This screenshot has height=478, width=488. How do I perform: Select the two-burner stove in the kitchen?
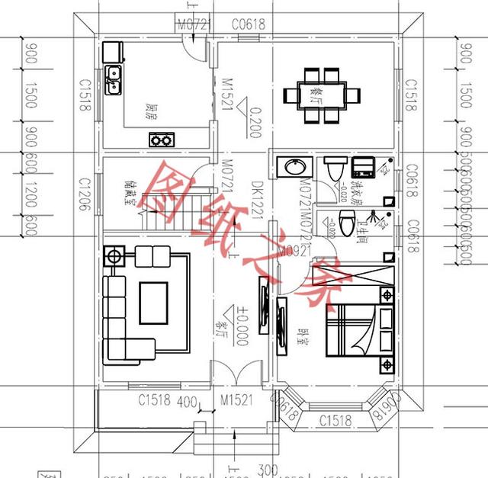click(x=160, y=140)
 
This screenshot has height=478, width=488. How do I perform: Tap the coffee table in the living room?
click(x=153, y=303)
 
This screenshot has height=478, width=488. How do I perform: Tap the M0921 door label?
click(x=293, y=249)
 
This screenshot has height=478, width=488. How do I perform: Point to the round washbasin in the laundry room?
click(x=294, y=166)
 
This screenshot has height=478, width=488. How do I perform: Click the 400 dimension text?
click(x=187, y=402)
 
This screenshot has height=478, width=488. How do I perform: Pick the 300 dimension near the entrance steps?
click(x=246, y=468)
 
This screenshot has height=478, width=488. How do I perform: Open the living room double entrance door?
click(x=238, y=374)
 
